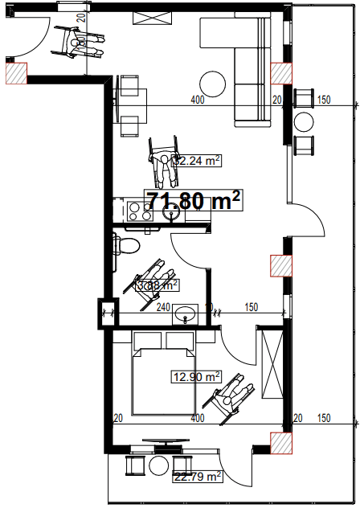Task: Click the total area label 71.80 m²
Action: pyautogui.click(x=193, y=202)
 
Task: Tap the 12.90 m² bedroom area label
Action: pyautogui.click(x=196, y=376)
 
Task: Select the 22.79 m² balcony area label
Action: pyautogui.click(x=198, y=477)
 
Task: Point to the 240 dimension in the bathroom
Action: pyautogui.click(x=162, y=306)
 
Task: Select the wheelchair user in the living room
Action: pyautogui.click(x=164, y=160)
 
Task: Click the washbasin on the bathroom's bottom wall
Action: pyautogui.click(x=186, y=313)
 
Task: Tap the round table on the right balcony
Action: pyautogui.click(x=304, y=122)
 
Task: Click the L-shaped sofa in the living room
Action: pyautogui.click(x=249, y=64)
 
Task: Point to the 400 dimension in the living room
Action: pyautogui.click(x=197, y=100)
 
